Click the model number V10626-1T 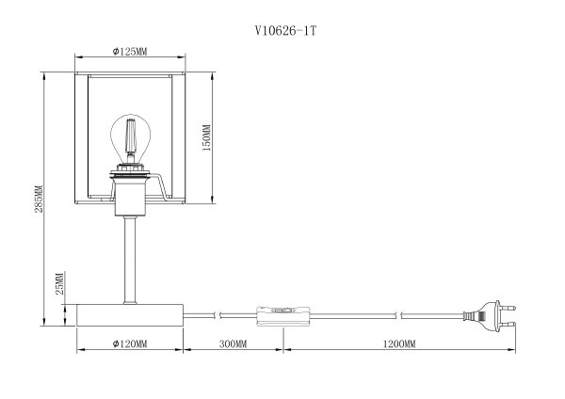[x=282, y=30]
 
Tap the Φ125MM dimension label [x=129, y=52]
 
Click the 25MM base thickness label [x=59, y=282]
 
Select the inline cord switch [x=280, y=313]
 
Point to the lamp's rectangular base [x=129, y=313]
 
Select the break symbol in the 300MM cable [x=219, y=313]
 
